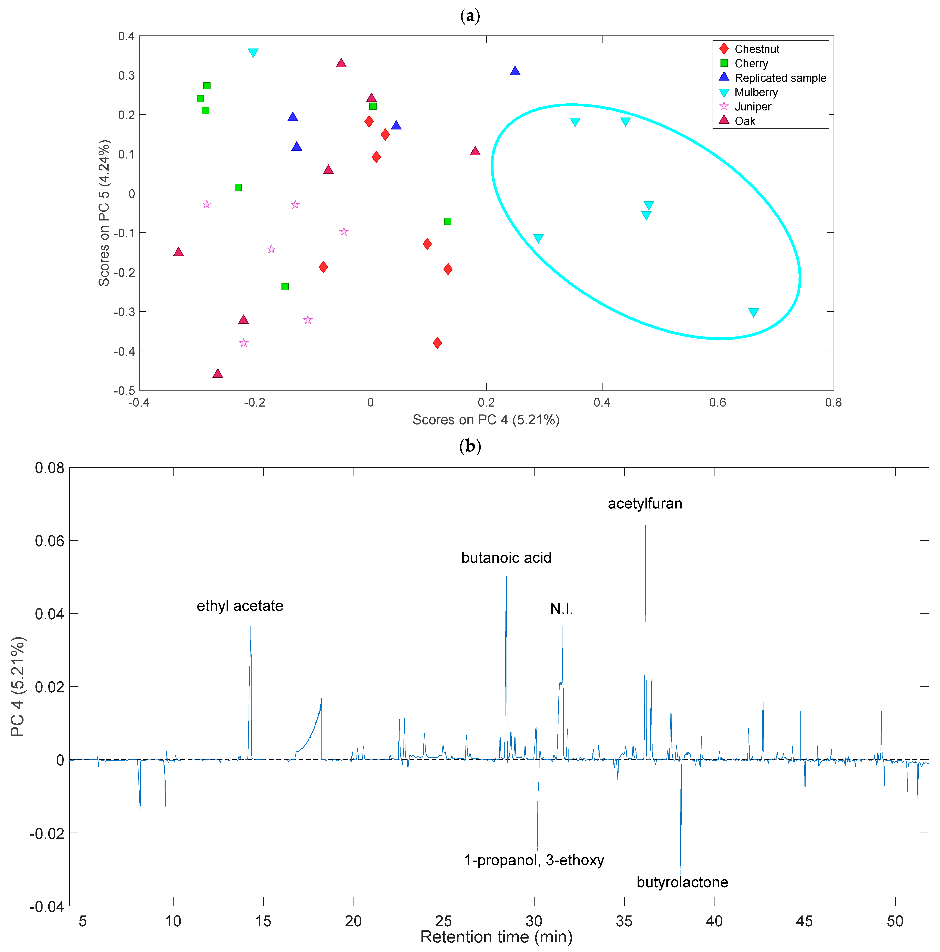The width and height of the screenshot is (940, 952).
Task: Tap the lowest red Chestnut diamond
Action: coord(437,343)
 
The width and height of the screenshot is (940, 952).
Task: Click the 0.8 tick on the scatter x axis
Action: coord(833,403)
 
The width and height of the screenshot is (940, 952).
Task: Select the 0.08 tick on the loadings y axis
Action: coord(49,468)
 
